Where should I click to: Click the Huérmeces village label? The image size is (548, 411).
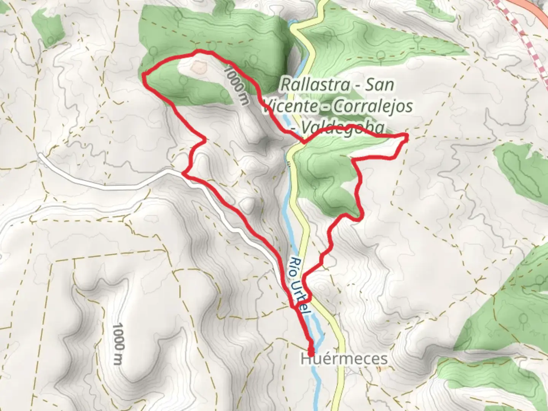click(x=344, y=359)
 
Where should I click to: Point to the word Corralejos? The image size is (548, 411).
click(x=371, y=106)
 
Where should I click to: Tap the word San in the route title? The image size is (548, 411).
click(x=379, y=84)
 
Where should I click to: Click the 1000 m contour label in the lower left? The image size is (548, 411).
click(x=119, y=344)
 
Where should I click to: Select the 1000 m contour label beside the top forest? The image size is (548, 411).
click(x=237, y=86)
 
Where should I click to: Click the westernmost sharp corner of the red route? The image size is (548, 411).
click(x=144, y=75)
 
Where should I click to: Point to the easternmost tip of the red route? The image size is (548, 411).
click(x=407, y=136)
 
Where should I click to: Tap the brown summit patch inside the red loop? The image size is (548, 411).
click(x=198, y=68)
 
